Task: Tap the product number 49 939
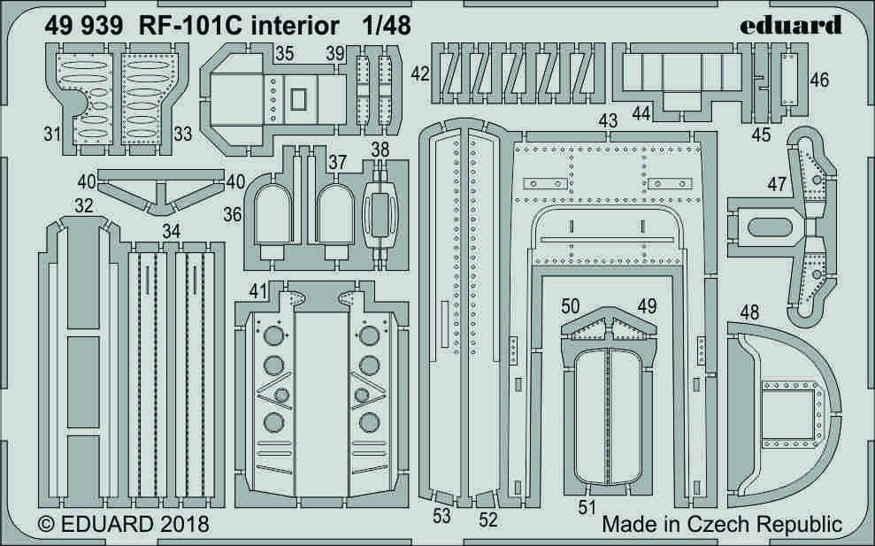point(79,26)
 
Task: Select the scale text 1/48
point(387,26)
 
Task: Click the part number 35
point(284,53)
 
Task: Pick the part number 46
point(818,81)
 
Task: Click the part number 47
point(778,184)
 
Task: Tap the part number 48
point(749,312)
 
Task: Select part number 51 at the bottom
point(587,507)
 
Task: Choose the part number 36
point(233,213)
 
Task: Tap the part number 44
point(643,113)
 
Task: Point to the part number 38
point(380,150)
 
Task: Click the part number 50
point(572,306)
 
